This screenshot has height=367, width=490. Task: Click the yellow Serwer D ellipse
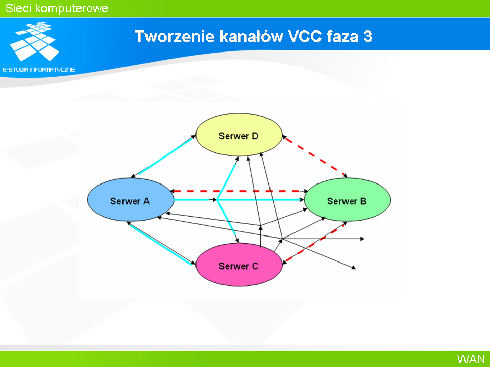coord(239,135)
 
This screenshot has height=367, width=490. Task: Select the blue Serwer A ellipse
coord(131,200)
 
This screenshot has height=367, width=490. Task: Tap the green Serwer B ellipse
coord(348,200)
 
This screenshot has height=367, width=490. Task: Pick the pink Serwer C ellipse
coord(239,265)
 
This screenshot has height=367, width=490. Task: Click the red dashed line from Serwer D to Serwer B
coord(315,156)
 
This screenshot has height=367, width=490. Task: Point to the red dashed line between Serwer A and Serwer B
coord(239,191)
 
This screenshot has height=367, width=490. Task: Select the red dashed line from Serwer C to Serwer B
coord(314,243)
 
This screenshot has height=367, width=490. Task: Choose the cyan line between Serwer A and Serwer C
coord(161,244)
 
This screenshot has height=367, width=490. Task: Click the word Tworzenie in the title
coord(175,36)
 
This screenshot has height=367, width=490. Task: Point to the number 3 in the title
coord(367,36)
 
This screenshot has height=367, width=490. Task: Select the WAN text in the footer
coord(471,359)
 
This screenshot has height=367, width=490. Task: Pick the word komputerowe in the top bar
coord(71,9)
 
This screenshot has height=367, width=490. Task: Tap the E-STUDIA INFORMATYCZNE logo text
coord(39,70)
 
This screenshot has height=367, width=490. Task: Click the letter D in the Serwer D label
coord(255,136)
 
